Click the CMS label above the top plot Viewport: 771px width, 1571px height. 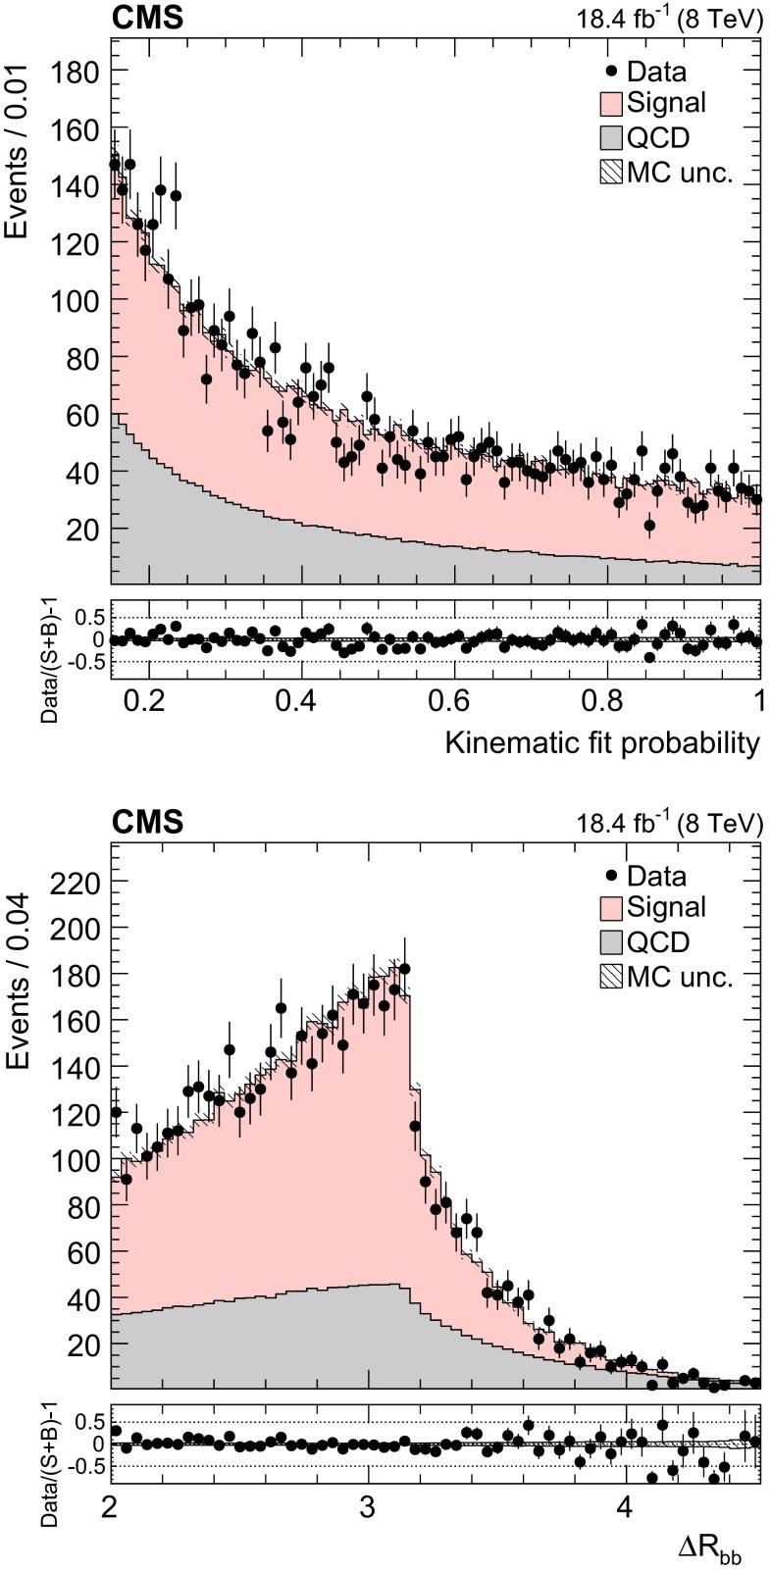point(147,18)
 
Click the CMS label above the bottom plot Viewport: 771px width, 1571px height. point(147,822)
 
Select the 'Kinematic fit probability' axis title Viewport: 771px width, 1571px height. point(602,742)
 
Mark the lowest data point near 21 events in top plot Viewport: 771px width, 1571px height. point(649,526)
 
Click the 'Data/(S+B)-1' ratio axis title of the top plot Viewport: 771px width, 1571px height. point(49,662)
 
